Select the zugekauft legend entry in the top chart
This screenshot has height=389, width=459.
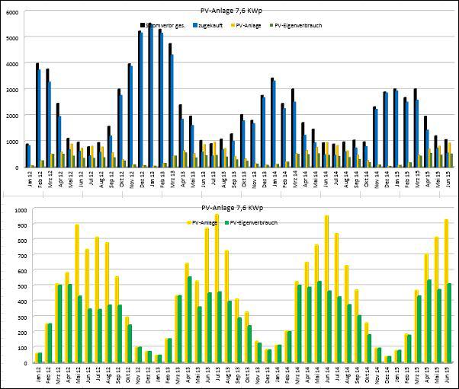[207, 25]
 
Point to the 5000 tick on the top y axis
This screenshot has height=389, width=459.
[14, 37]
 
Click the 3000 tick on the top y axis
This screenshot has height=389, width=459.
[14, 89]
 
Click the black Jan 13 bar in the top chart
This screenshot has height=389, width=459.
[149, 95]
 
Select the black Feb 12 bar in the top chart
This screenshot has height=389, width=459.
[37, 114]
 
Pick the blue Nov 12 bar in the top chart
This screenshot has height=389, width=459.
[131, 116]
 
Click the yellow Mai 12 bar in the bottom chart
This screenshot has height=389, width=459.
[77, 293]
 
